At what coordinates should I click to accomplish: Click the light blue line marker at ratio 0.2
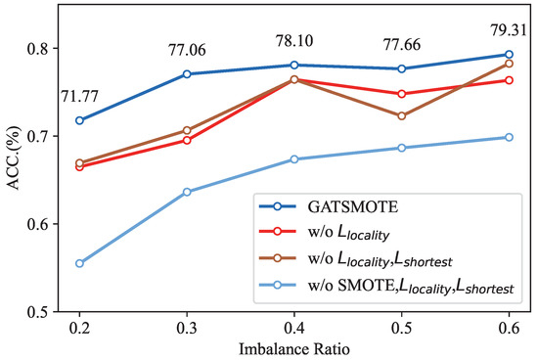pos(79,263)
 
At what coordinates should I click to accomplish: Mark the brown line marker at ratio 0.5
pos(402,115)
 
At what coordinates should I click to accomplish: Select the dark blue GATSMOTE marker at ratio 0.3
pos(187,73)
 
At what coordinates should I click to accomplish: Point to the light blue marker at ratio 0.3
pos(187,192)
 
